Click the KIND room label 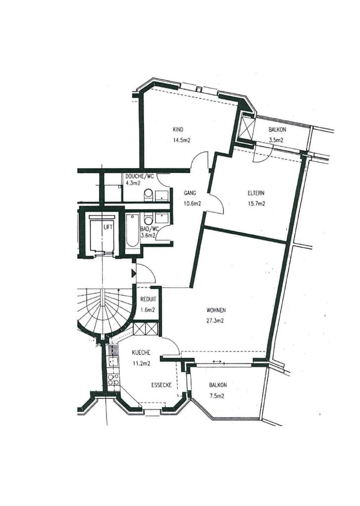pos(178,130)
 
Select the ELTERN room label pos(256,193)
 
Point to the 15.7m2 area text pos(258,204)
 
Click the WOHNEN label pos(216,310)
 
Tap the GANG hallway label pos(190,193)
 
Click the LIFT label pos(108,227)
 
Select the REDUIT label pos(148,299)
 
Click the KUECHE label pos(141,353)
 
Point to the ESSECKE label pos(161,385)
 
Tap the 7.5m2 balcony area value pos(217,396)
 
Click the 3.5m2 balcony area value pos(276,140)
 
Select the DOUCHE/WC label pos(139,177)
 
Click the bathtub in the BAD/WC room pos(133,230)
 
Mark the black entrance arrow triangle pos(134,273)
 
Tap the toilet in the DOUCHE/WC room pos(148,195)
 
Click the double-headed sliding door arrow pos(217,361)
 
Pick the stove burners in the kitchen pos(113,379)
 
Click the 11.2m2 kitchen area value pos(141,364)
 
